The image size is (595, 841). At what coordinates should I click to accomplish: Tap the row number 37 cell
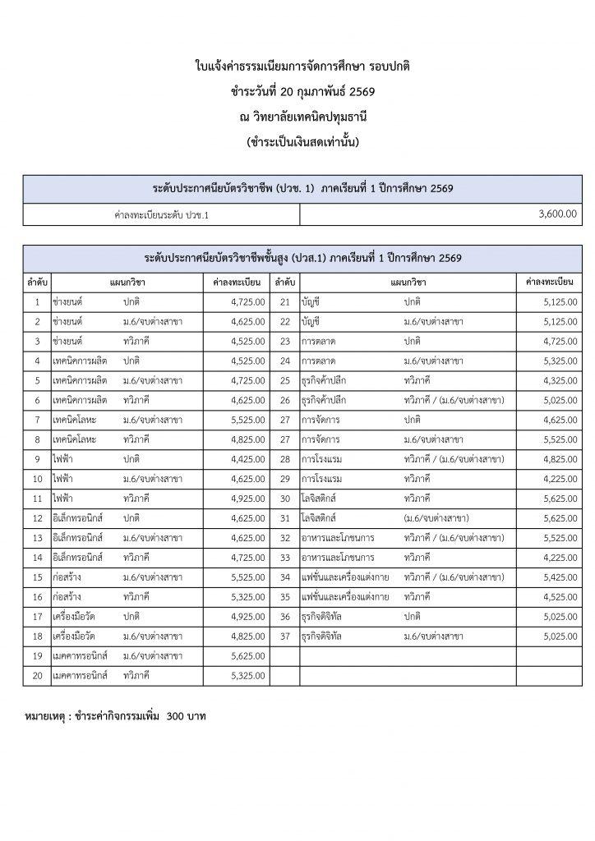pyautogui.click(x=285, y=636)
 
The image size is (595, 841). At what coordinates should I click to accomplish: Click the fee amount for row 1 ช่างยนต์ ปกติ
pyautogui.click(x=247, y=302)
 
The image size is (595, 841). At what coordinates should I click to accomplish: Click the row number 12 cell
pyautogui.click(x=38, y=518)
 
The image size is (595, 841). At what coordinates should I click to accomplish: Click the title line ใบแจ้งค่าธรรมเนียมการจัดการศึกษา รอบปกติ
pyautogui.click(x=297, y=65)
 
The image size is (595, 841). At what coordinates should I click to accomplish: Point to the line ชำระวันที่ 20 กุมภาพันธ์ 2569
pyautogui.click(x=297, y=91)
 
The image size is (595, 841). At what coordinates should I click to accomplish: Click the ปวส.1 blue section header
pyautogui.click(x=302, y=258)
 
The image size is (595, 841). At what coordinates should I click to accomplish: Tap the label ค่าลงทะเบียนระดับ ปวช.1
pyautogui.click(x=161, y=214)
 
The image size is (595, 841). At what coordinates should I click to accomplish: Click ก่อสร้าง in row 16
pyautogui.click(x=67, y=597)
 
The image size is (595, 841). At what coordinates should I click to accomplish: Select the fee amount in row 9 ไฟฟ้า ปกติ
pyautogui.click(x=247, y=459)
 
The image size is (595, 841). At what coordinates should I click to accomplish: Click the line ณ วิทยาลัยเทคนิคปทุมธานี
pyautogui.click(x=297, y=117)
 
